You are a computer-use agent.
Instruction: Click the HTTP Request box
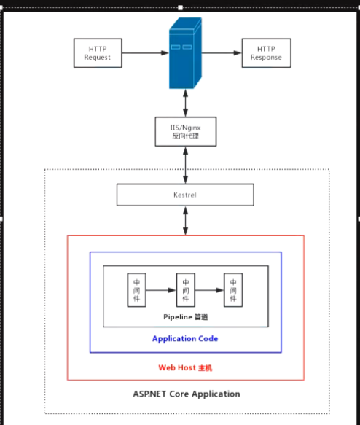(x=97, y=52)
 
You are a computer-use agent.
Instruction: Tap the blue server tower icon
(x=185, y=54)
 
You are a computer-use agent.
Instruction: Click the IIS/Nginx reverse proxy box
(x=185, y=131)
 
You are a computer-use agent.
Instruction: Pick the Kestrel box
(x=185, y=195)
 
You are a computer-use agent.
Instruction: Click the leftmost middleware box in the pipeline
(x=136, y=291)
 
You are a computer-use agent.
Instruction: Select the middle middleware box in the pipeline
(x=186, y=291)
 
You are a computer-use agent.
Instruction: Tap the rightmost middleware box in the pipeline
(x=233, y=291)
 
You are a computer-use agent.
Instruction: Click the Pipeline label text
(x=185, y=317)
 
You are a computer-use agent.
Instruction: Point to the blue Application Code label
(x=185, y=338)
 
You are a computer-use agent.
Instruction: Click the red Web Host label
(x=185, y=367)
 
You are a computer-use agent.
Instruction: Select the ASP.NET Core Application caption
(x=186, y=394)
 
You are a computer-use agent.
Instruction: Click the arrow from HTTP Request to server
(x=144, y=52)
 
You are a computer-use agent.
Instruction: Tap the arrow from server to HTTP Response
(x=223, y=52)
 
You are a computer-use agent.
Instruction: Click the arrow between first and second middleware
(x=161, y=291)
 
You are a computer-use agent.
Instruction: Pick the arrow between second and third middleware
(x=210, y=291)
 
